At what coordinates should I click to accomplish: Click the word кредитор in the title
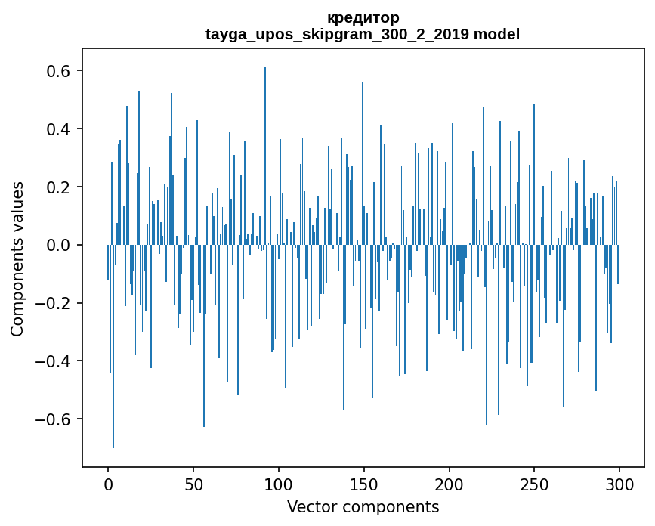click(363, 17)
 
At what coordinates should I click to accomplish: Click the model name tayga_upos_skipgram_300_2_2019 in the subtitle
click(337, 34)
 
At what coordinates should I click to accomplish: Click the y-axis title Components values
click(17, 258)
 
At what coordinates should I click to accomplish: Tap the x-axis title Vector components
click(363, 506)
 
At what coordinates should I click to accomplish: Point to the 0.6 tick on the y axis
click(59, 71)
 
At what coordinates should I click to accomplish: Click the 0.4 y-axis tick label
click(59, 129)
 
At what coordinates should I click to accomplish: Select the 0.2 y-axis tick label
click(59, 187)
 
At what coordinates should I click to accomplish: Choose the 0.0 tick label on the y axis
click(59, 245)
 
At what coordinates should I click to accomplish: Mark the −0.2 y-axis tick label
click(54, 303)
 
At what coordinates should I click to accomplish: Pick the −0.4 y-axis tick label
click(54, 361)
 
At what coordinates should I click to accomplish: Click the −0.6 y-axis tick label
click(54, 419)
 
